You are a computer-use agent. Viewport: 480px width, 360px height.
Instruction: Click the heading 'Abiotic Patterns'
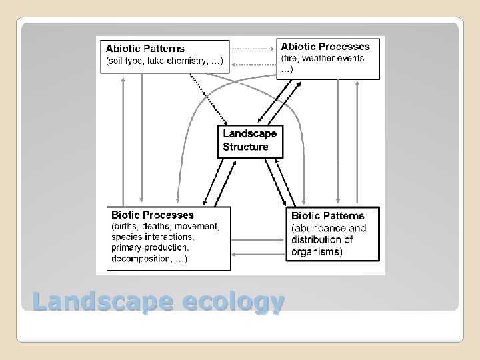point(146,49)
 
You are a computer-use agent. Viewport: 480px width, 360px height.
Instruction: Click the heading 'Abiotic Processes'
point(325,47)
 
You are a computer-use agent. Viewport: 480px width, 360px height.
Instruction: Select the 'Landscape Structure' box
point(250,140)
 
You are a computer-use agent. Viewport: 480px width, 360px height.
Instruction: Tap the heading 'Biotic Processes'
point(153,215)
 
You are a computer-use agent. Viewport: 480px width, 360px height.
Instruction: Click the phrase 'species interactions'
point(153,237)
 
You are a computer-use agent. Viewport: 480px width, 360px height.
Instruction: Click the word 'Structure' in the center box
point(245,147)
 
